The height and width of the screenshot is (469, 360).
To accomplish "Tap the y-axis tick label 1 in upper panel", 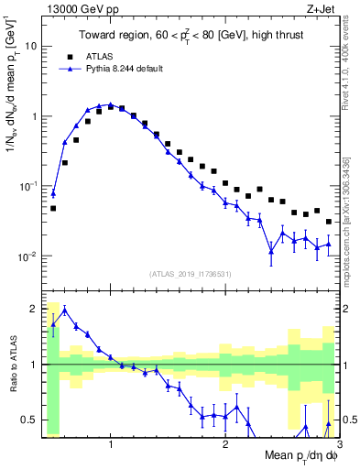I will (34, 116).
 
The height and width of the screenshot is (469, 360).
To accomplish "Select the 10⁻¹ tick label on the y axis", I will (28, 186).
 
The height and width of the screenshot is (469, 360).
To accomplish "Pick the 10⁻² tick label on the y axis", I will (28, 256).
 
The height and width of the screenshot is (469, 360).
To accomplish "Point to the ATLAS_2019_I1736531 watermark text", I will (191, 274).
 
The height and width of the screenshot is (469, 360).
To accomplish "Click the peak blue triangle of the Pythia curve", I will (110, 104).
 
